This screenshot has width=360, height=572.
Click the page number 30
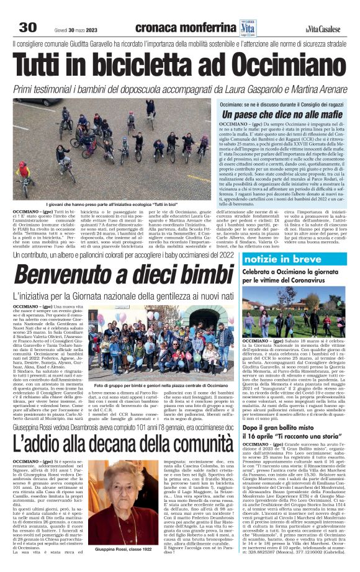tap(27, 27)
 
